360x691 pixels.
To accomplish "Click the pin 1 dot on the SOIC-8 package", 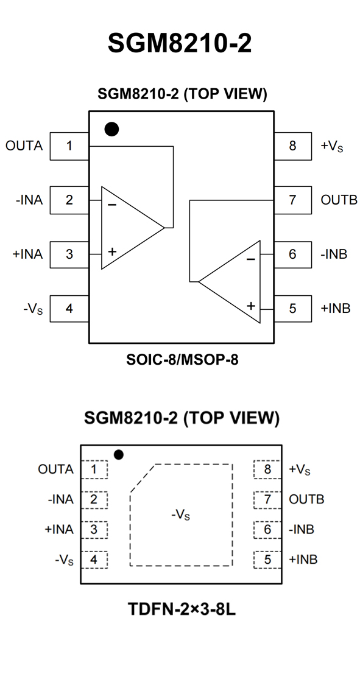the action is [x=111, y=129].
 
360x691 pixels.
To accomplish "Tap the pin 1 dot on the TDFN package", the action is [x=119, y=454].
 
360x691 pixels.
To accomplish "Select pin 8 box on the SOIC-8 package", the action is [x=292, y=146].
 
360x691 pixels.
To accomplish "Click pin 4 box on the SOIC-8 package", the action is [x=69, y=309].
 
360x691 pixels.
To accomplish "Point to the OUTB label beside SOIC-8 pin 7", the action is [x=339, y=200].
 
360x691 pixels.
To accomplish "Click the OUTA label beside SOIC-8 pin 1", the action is [x=24, y=146].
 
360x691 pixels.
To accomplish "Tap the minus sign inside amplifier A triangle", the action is [x=112, y=205].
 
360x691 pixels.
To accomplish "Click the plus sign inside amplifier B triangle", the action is [x=251, y=306].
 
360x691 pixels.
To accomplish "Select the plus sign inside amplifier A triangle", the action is [x=112, y=251].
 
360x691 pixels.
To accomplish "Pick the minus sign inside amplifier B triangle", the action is [x=250, y=259].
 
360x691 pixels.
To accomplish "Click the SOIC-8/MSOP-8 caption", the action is [x=182, y=360].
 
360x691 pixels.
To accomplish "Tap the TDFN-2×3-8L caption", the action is [x=182, y=609].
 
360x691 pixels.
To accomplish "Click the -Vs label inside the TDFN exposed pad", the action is [x=181, y=514].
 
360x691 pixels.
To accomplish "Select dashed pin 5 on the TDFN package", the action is [x=267, y=559].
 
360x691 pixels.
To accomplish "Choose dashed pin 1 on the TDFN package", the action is [x=94, y=469].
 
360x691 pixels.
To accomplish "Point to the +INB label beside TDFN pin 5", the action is [x=303, y=559].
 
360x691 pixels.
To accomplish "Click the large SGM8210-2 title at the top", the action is [x=180, y=43].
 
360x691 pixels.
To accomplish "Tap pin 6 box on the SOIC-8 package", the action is [x=292, y=254].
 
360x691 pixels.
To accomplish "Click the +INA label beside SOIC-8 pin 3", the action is [x=28, y=254].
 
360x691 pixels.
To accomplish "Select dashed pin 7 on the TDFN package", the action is [x=267, y=499].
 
